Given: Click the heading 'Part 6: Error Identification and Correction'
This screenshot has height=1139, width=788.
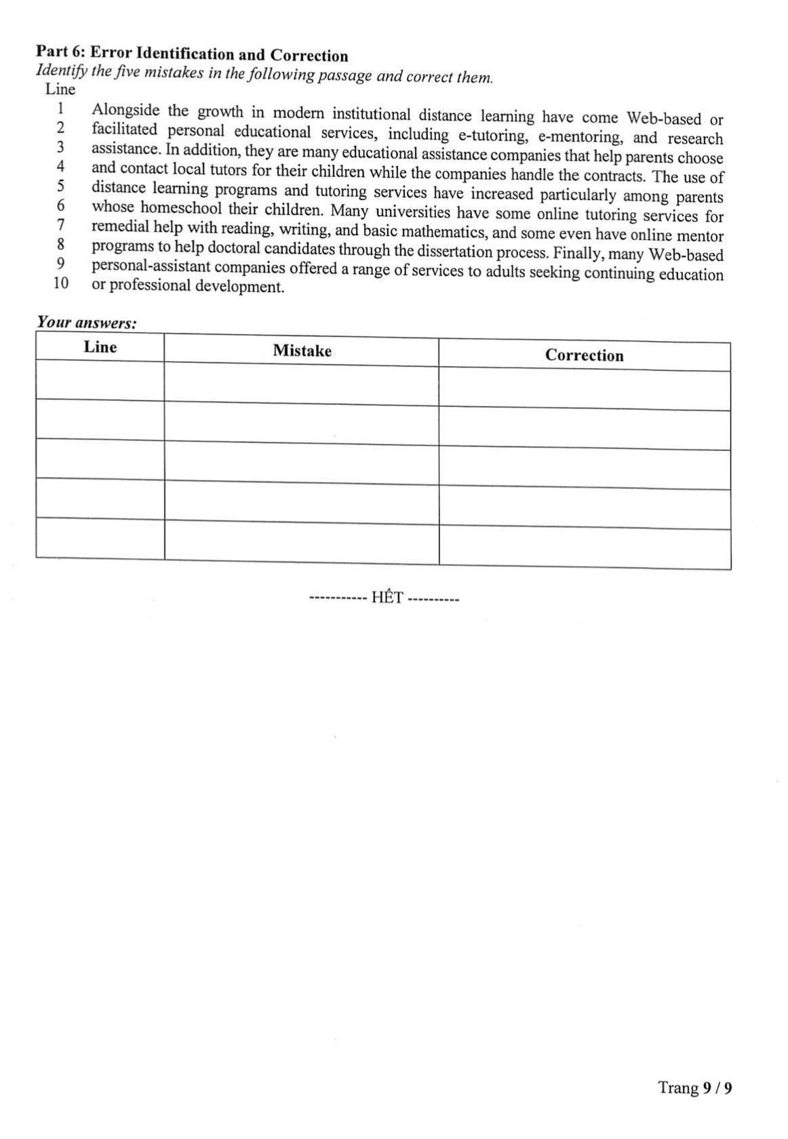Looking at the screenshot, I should (x=192, y=54).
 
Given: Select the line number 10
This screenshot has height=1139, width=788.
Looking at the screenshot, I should (x=61, y=283).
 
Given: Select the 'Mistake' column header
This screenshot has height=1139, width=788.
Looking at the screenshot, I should (x=302, y=351).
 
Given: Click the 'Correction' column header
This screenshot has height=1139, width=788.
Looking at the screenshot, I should (x=584, y=355).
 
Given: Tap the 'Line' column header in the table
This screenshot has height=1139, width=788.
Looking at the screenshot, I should (x=100, y=347).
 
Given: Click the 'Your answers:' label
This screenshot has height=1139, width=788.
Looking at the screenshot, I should (x=86, y=322).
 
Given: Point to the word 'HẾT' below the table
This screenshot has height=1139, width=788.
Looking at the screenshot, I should (x=387, y=597).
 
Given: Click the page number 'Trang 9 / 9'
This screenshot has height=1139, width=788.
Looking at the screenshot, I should (x=695, y=1088).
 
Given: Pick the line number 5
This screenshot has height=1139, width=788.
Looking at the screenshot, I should (x=60, y=186).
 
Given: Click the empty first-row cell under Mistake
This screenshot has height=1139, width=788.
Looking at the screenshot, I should (x=301, y=385).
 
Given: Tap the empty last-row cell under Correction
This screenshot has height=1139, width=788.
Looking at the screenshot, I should (x=584, y=546).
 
